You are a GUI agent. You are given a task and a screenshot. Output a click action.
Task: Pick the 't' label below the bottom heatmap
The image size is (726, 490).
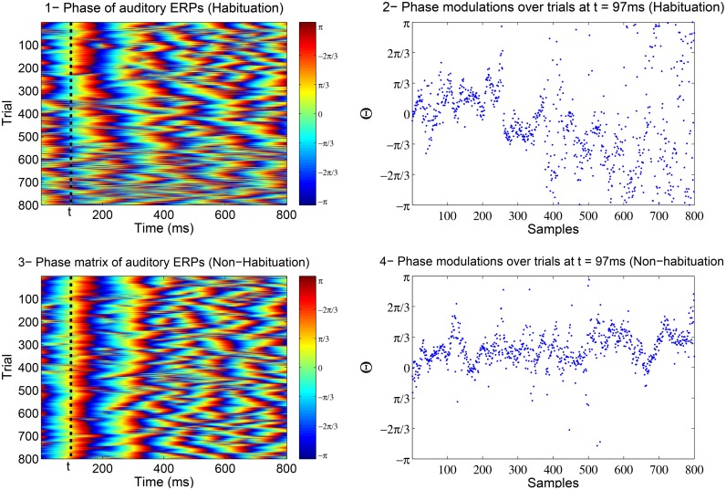click(70, 467)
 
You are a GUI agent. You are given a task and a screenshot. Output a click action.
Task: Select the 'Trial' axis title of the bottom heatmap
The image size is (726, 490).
click(10, 369)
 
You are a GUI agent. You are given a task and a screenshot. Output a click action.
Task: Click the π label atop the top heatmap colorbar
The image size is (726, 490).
click(320, 28)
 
